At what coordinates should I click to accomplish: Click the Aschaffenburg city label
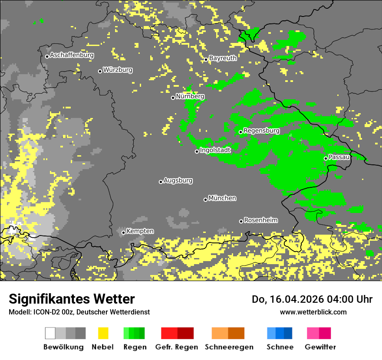(x=72, y=56)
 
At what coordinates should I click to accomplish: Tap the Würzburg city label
(x=118, y=70)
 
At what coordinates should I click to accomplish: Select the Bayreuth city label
(x=223, y=58)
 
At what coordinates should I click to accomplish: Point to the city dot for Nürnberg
(x=173, y=98)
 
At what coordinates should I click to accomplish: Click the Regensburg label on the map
(x=261, y=131)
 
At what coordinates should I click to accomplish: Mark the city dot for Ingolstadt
(x=197, y=151)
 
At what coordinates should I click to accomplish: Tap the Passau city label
(x=339, y=157)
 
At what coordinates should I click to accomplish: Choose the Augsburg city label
(x=178, y=180)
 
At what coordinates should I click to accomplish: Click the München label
(x=222, y=198)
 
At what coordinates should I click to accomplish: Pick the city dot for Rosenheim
(x=241, y=222)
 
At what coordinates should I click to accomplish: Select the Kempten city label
(x=140, y=231)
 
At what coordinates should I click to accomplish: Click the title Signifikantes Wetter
(x=72, y=299)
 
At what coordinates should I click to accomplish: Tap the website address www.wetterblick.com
(x=313, y=312)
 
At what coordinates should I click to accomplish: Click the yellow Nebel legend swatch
(x=103, y=333)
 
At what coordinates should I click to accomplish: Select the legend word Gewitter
(x=320, y=347)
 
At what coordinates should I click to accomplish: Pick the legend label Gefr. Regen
(x=176, y=347)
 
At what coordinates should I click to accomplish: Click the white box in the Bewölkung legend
(x=50, y=333)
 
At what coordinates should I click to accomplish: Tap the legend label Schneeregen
(x=229, y=347)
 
